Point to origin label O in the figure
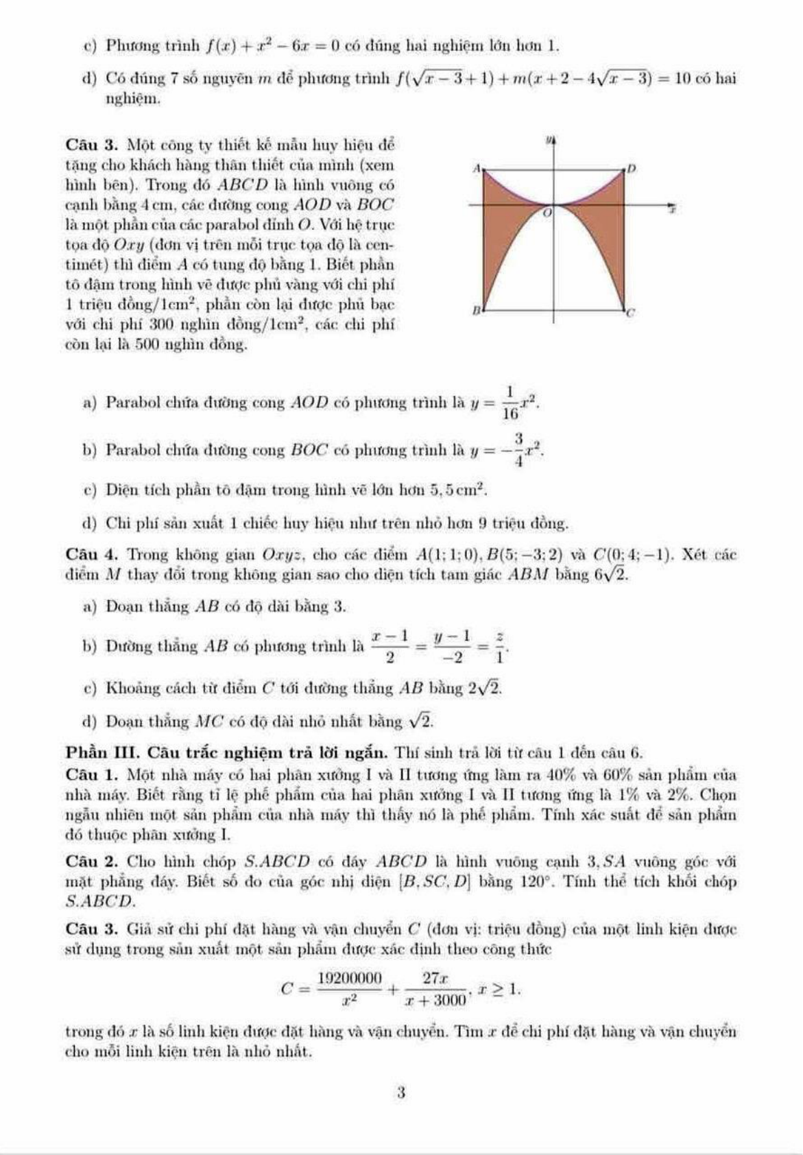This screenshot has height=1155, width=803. pos(547,214)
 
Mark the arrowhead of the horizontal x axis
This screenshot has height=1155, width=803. pos(671,204)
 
